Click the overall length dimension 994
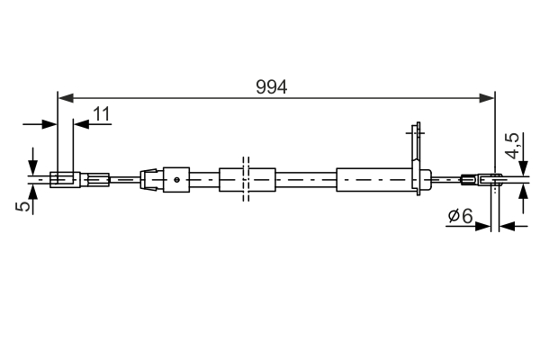[271, 86]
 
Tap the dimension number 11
[102, 113]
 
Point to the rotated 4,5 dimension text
[512, 147]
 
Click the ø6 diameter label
[460, 215]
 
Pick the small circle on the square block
[179, 179]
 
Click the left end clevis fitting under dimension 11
[64, 179]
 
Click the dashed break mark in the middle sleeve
[245, 179]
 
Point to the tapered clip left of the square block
[150, 179]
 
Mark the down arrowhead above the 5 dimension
[33, 168]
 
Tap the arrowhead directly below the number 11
[80, 124]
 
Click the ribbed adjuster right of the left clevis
[96, 179]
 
